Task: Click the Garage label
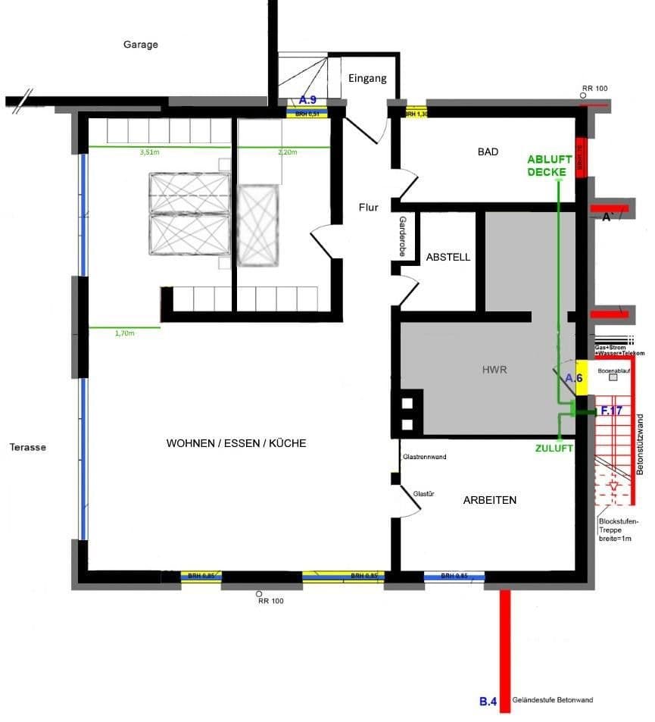point(141,45)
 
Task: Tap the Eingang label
point(367,78)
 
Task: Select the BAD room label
point(488,152)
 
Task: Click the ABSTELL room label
point(448,257)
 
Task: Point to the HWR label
point(494,370)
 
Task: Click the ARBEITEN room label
point(490,500)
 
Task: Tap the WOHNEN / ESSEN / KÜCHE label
point(236,443)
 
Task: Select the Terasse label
point(28,447)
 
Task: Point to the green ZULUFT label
point(553,448)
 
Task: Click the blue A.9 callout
point(307,100)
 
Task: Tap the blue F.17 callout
point(610,411)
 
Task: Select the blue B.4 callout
point(488,702)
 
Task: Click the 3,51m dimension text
point(150,152)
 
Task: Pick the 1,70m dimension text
point(125,333)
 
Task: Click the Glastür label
point(423,494)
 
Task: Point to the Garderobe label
point(402,237)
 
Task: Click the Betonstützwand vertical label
point(640,445)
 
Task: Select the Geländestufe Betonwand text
point(553,701)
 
